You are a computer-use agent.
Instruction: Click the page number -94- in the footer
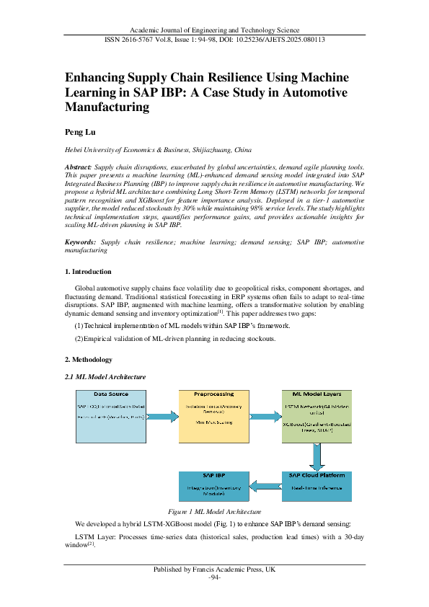214,577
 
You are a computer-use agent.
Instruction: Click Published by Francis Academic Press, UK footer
214,570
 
